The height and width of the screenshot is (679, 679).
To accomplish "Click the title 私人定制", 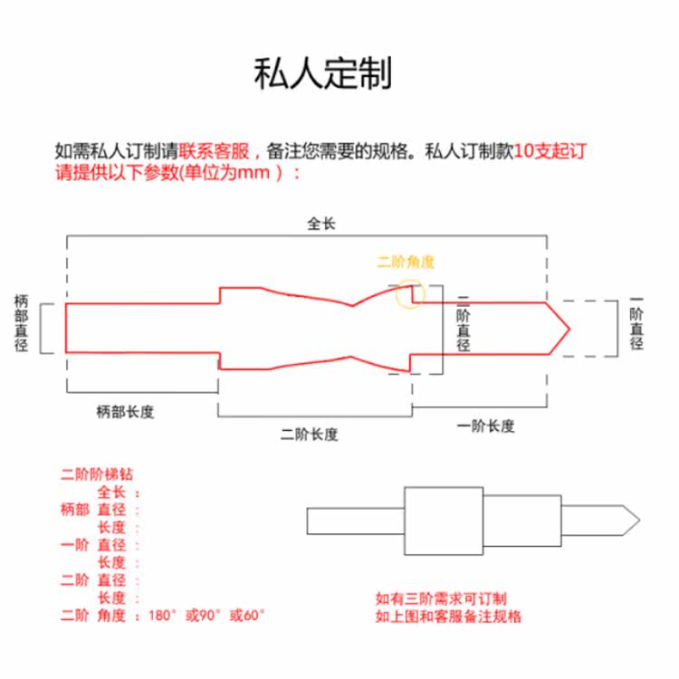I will click(x=323, y=73).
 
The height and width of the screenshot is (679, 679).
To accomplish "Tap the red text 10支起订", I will click(x=550, y=151).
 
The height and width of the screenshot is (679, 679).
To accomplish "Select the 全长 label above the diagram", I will click(x=320, y=223).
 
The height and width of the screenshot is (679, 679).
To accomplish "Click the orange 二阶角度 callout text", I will click(x=406, y=263).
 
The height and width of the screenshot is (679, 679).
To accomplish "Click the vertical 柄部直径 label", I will click(x=22, y=322).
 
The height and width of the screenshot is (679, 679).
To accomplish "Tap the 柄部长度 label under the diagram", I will click(x=125, y=412).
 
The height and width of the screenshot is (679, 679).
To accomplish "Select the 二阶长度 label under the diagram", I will click(x=310, y=435).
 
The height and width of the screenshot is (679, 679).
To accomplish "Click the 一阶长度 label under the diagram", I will click(x=485, y=426).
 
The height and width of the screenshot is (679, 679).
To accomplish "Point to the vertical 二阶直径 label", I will click(x=463, y=323).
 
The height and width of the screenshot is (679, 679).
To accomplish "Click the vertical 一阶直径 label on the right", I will click(x=636, y=323).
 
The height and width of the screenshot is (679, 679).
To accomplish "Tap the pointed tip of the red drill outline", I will click(x=569, y=327).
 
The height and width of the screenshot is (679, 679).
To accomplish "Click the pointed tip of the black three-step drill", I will click(x=638, y=521).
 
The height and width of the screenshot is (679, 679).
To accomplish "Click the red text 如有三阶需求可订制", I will click(x=441, y=598).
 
